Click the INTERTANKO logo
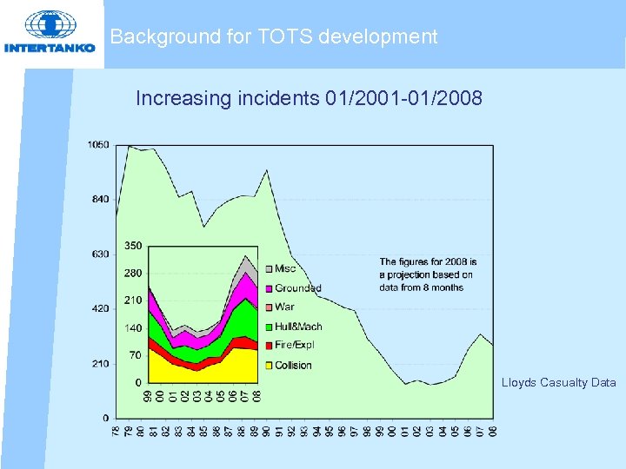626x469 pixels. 50,33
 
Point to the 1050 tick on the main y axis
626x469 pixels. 98,145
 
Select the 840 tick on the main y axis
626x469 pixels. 100,200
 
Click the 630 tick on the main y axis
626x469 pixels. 100,254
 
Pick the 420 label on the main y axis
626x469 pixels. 100,309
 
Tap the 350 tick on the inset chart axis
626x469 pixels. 133,246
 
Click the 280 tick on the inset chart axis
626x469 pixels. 133,273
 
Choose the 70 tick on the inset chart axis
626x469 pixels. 135,355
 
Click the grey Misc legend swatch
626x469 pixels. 269,268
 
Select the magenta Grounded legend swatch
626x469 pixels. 269,287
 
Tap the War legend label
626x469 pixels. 284,307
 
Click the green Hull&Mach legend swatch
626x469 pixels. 269,327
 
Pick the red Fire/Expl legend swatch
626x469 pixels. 269,346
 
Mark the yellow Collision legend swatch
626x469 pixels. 269,365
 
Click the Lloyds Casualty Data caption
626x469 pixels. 558,382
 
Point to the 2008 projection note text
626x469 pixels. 428,274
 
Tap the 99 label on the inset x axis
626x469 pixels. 150,395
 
